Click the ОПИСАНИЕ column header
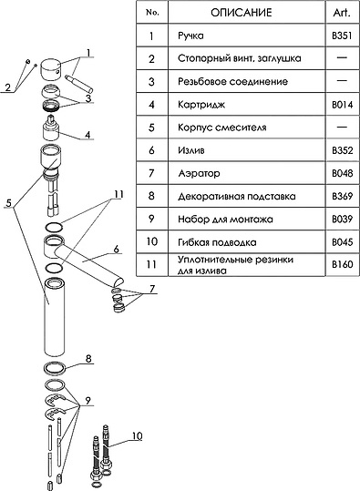point(241,13)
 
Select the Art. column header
point(342,13)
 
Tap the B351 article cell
point(342,36)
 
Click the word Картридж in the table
point(201,104)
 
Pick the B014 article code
point(342,104)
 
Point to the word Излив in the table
point(191,150)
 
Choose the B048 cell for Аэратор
point(342,173)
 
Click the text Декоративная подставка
point(237,197)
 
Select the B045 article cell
point(342,242)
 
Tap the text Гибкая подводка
point(217,242)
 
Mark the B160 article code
point(342,264)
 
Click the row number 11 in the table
point(151,264)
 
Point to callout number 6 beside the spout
point(117,250)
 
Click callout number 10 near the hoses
point(138,435)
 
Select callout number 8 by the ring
point(88,358)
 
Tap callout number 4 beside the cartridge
point(88,134)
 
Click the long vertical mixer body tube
point(54,317)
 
